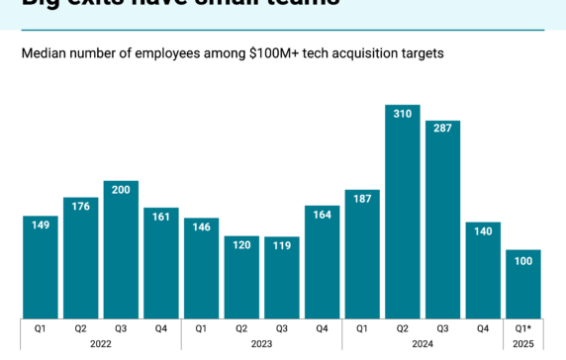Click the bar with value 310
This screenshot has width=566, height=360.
pyautogui.click(x=403, y=212)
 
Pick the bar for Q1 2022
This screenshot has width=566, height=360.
pyautogui.click(x=41, y=267)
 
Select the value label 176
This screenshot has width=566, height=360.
pyautogui.click(x=80, y=207)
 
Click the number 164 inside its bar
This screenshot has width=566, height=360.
pyautogui.click(x=322, y=212)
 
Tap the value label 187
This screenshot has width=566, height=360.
pyautogui.click(x=362, y=200)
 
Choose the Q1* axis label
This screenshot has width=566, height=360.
pyautogui.click(x=523, y=328)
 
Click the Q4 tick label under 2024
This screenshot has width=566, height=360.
pyautogui.click(x=483, y=328)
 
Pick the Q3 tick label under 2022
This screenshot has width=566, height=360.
pyautogui.click(x=121, y=328)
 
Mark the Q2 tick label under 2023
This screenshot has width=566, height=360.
pyautogui.click(x=241, y=328)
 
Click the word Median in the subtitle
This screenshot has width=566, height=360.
pyautogui.click(x=47, y=52)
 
